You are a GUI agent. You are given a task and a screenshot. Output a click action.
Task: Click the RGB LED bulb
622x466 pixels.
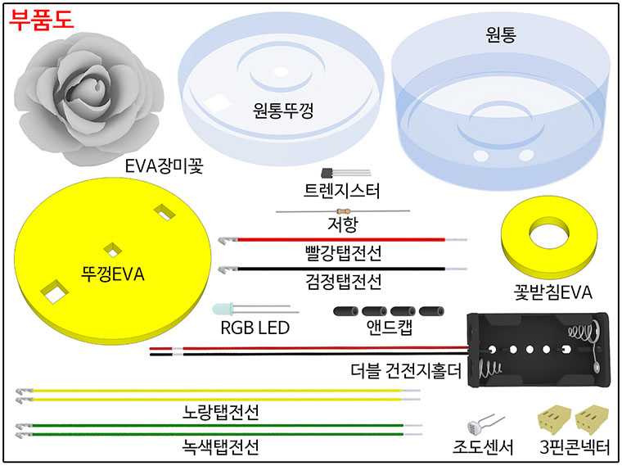(223, 310)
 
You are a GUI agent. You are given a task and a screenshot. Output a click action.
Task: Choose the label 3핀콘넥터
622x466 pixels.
(575, 447)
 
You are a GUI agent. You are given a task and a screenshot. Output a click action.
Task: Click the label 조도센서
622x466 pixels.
(483, 447)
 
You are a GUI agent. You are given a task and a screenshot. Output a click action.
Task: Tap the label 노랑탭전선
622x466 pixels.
(220, 411)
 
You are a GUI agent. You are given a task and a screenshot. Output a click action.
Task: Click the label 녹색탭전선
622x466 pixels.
(220, 448)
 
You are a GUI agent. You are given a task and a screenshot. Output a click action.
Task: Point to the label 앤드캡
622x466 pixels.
(388, 329)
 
